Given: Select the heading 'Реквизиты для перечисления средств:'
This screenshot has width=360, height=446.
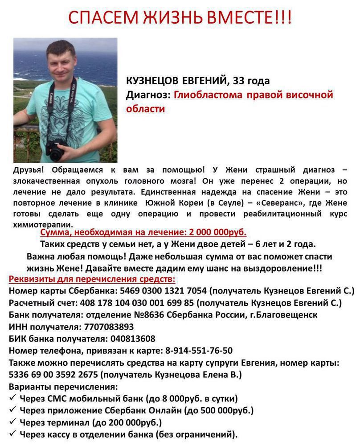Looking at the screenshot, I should click(x=92, y=280).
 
